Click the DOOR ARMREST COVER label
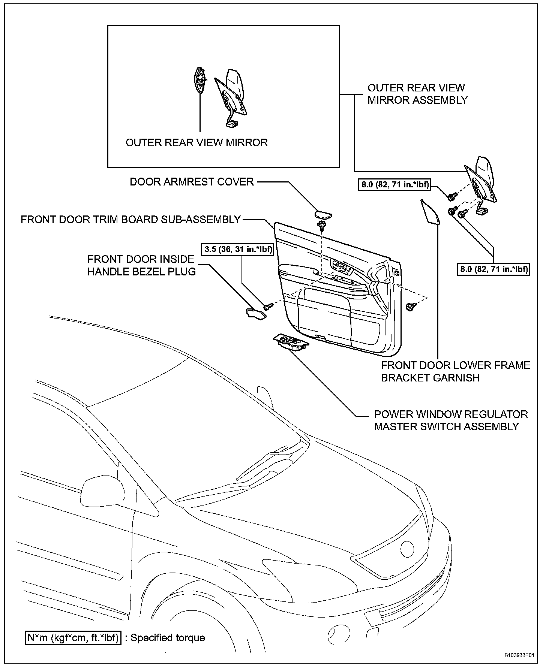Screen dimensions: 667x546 [192, 182]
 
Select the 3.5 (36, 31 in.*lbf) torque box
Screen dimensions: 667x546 [238, 249]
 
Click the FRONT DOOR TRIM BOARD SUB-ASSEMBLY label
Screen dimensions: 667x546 [130, 219]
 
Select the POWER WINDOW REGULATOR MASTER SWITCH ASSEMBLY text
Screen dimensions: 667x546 [450, 420]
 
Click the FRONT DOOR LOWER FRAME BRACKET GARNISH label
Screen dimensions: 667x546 [455, 371]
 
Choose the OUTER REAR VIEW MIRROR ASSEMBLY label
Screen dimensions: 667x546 [417, 94]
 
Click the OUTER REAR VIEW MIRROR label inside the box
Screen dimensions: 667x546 [196, 142]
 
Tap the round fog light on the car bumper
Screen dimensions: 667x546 [408, 548]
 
